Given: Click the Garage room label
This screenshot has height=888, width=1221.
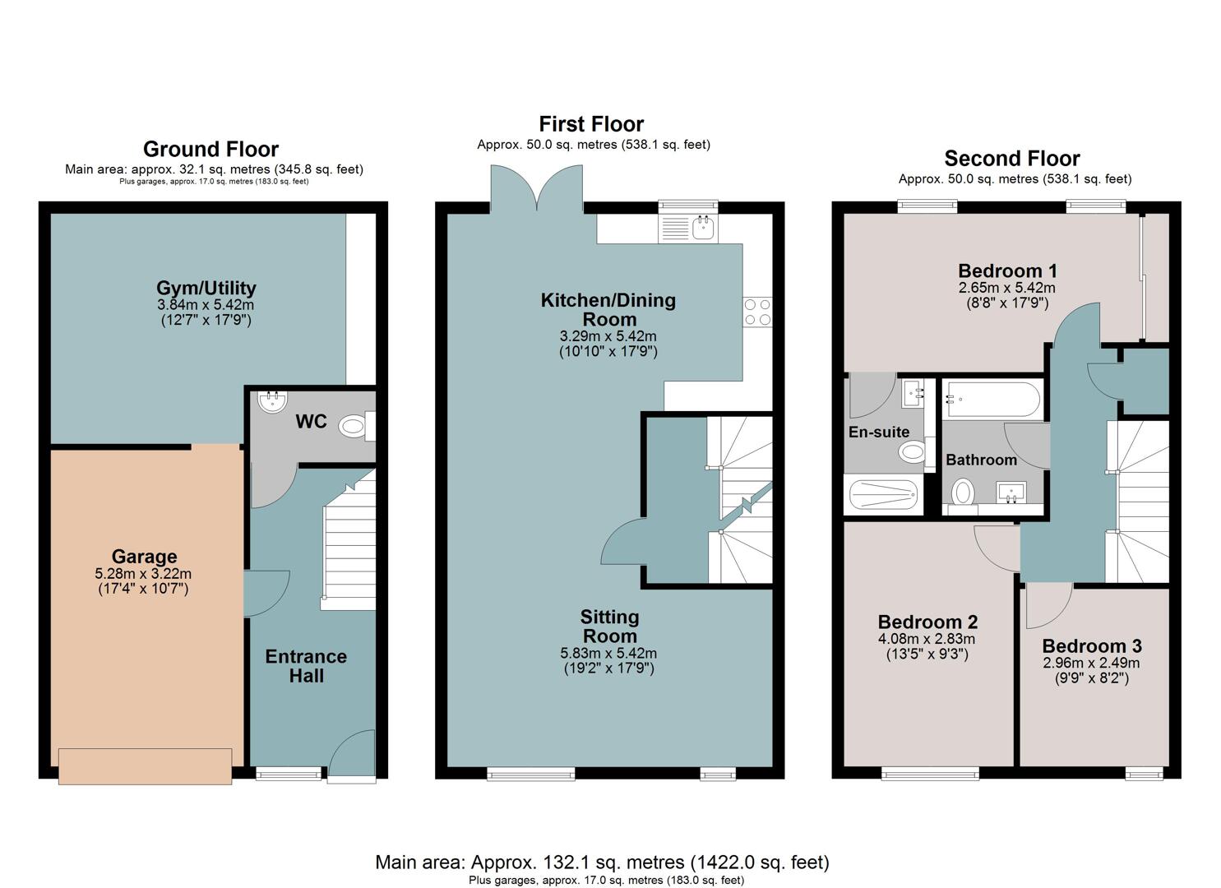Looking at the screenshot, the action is (x=144, y=557).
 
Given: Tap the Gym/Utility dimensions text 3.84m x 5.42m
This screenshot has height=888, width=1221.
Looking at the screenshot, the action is (x=206, y=305).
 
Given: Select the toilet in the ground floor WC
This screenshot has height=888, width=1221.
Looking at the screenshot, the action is (x=357, y=426).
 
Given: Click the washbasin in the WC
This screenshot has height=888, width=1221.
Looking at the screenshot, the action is (x=272, y=402).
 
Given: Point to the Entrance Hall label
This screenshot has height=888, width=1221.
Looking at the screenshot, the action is (x=306, y=666).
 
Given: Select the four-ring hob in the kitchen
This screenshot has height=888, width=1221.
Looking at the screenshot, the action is (x=757, y=312).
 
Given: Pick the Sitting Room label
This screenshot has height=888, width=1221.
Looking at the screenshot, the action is (x=609, y=627).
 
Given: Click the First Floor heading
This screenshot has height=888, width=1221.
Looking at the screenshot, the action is (x=591, y=124).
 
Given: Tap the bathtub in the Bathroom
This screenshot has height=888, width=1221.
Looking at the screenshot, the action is (x=992, y=400).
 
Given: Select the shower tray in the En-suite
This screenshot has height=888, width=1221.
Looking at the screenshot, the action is (x=884, y=495).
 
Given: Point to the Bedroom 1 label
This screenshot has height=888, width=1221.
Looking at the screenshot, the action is (x=1007, y=271).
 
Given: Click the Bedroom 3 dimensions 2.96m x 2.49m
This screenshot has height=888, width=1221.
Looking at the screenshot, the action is (x=1091, y=663).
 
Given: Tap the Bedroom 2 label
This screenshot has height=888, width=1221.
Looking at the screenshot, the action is (x=927, y=622).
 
